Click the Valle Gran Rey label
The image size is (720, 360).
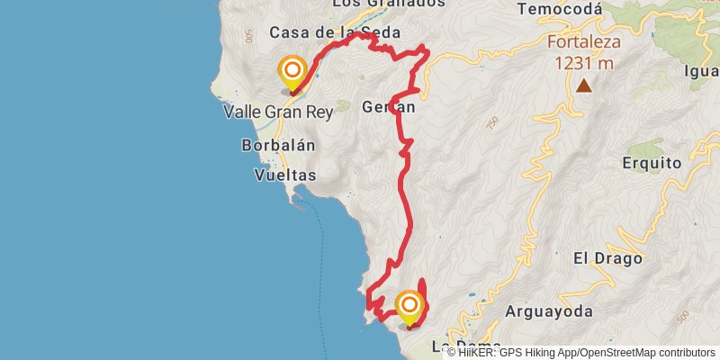[x=277, y=112]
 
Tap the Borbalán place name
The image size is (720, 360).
[x=278, y=145]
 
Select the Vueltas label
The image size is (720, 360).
[x=285, y=175]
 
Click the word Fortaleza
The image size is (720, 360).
[x=584, y=42]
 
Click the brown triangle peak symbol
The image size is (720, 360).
[x=584, y=86]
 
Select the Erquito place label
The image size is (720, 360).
[x=652, y=163]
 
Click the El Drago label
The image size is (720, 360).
[x=608, y=258]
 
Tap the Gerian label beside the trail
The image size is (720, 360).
[x=388, y=107]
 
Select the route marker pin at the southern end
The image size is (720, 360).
[x=409, y=308]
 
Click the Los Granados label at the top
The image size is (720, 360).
[x=388, y=4]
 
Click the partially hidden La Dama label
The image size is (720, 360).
[x=464, y=345]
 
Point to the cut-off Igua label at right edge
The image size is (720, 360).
[x=701, y=71]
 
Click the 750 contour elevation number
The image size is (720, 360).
[x=491, y=121]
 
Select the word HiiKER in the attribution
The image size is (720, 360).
[x=478, y=353]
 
